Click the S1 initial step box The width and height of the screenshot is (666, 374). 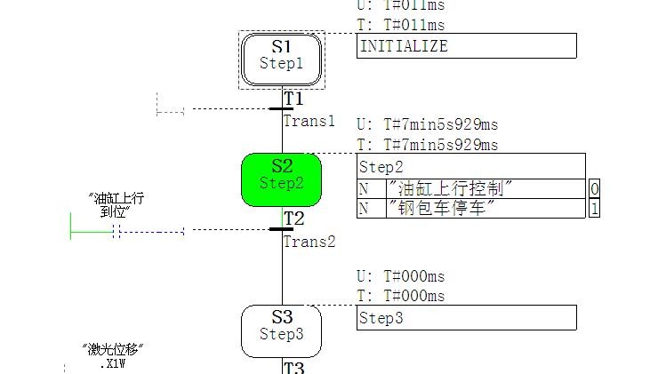coord(281,60)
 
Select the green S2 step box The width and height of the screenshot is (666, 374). coord(281,179)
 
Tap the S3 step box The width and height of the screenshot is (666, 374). coord(281,330)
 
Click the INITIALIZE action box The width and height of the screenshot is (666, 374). coord(467,46)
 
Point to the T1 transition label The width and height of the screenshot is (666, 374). coord(293,99)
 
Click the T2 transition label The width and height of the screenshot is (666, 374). coord(293,219)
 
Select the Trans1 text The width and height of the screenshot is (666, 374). coord(309,121)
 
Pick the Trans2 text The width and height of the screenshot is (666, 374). coord(309,241)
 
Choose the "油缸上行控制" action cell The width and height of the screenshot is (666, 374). coord(453,188)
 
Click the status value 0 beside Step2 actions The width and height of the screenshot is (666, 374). coord(594,188)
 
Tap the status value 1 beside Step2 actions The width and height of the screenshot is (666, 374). coord(594,209)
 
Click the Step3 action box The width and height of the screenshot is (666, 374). coord(467,318)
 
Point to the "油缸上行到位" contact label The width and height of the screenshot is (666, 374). coord(116,205)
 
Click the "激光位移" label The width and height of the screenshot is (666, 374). coord(113,350)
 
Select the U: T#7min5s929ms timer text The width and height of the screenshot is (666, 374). coord(427,124)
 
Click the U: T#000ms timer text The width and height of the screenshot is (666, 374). coord(400,276)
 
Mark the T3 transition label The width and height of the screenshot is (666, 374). coord(293,367)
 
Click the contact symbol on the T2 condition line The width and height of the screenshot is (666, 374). coord(116,232)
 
